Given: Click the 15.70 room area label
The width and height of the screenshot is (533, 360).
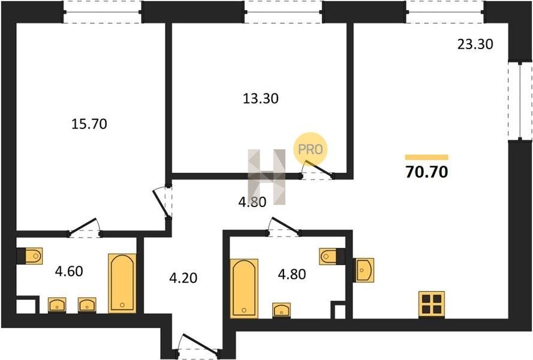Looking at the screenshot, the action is click(89, 124).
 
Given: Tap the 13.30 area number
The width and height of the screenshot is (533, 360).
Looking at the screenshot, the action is click(261, 98).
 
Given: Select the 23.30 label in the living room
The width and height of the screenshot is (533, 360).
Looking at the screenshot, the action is click(475, 44).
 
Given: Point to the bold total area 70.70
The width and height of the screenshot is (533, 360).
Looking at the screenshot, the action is click(427, 172).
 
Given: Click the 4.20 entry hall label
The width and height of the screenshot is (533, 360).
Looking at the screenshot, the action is click(183, 278).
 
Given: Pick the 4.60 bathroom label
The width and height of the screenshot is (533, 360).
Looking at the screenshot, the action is click(69, 272).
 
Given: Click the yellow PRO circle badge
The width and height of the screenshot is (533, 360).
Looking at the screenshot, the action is click(311, 149).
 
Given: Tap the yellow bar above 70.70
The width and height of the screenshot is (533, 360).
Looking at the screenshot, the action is click(427, 157).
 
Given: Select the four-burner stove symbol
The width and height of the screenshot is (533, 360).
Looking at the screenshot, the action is click(432, 305).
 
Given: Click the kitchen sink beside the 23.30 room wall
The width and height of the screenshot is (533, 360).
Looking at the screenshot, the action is click(363, 270).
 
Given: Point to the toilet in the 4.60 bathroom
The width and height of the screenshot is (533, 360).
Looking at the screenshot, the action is click(30, 256).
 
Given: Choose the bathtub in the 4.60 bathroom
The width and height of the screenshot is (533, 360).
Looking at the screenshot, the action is click(122, 283).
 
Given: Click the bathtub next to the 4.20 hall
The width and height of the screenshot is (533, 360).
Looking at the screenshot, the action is click(244, 289).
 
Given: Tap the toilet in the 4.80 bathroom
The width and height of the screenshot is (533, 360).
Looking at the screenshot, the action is click(332, 256).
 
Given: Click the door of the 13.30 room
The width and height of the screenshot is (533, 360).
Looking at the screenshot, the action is click(317, 171).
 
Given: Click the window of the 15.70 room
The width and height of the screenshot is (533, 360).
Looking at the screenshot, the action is click(103, 12).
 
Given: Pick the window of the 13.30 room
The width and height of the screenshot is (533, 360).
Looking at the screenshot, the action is click(283, 12).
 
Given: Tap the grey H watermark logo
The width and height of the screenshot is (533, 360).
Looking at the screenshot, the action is click(267, 177).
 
